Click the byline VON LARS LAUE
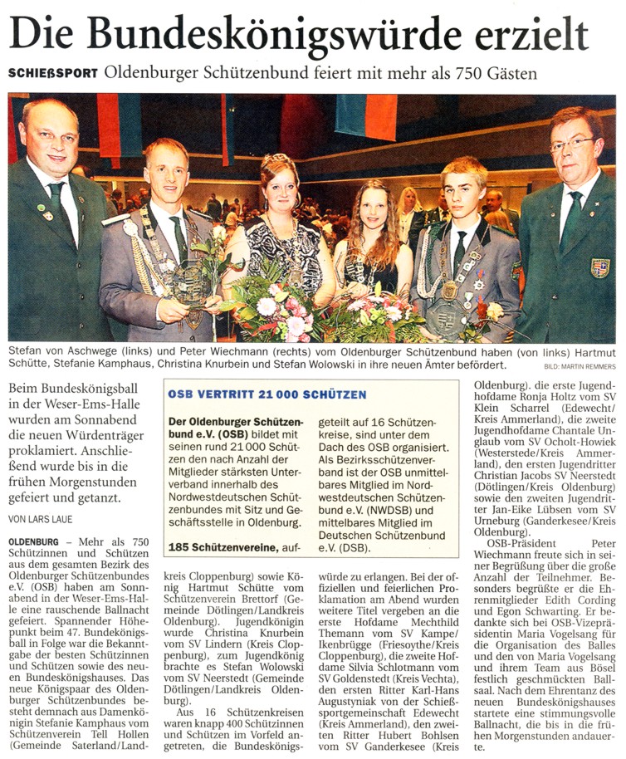pos(42,520)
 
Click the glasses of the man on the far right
pos(572,145)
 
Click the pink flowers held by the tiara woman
pos(274,303)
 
